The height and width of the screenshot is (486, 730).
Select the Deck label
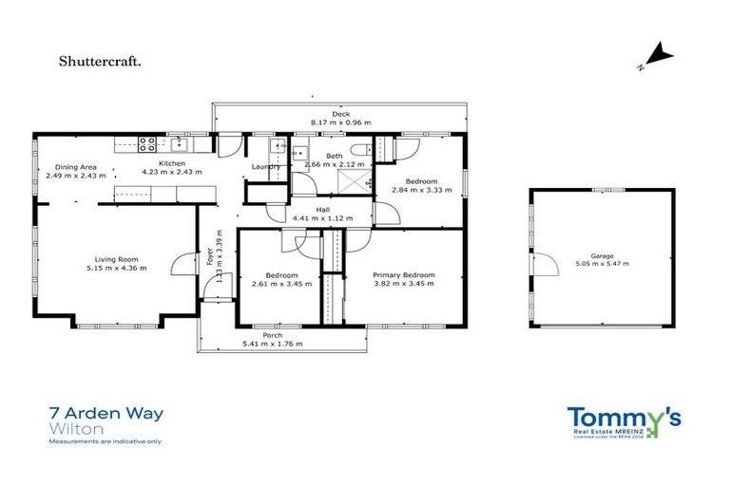(x=340, y=114)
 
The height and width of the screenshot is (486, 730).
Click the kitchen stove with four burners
(x=147, y=144)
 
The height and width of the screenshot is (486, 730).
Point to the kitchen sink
(x=179, y=144)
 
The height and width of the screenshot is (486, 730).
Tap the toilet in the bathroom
(x=360, y=149)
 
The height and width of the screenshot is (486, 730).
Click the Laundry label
(x=265, y=167)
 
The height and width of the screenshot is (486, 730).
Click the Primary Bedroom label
(x=404, y=274)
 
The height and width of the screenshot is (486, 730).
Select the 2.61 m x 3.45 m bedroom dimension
(x=275, y=284)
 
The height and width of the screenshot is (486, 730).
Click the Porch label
(x=272, y=335)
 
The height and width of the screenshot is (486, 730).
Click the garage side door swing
(x=545, y=265)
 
